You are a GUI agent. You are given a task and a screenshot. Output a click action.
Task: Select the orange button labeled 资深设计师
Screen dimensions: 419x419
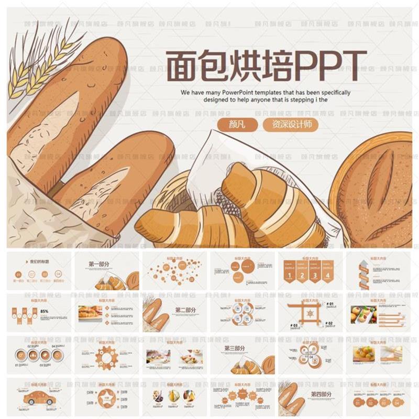291,125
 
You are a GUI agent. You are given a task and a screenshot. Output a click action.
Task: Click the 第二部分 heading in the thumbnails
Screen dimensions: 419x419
185,310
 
